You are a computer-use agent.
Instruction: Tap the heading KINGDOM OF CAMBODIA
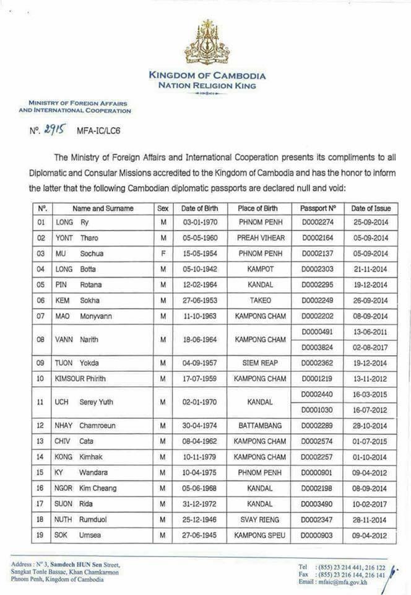click(207, 76)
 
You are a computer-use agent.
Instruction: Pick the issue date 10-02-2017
click(370, 503)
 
